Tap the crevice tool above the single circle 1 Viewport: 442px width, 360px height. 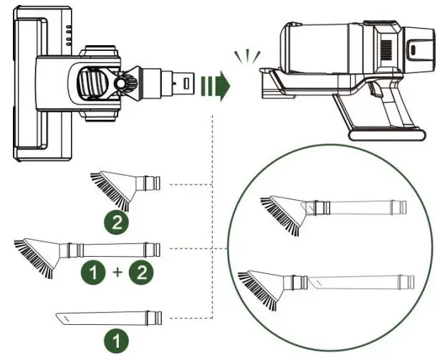coord(108,316)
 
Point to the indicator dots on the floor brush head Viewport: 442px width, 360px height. coord(69,32)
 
